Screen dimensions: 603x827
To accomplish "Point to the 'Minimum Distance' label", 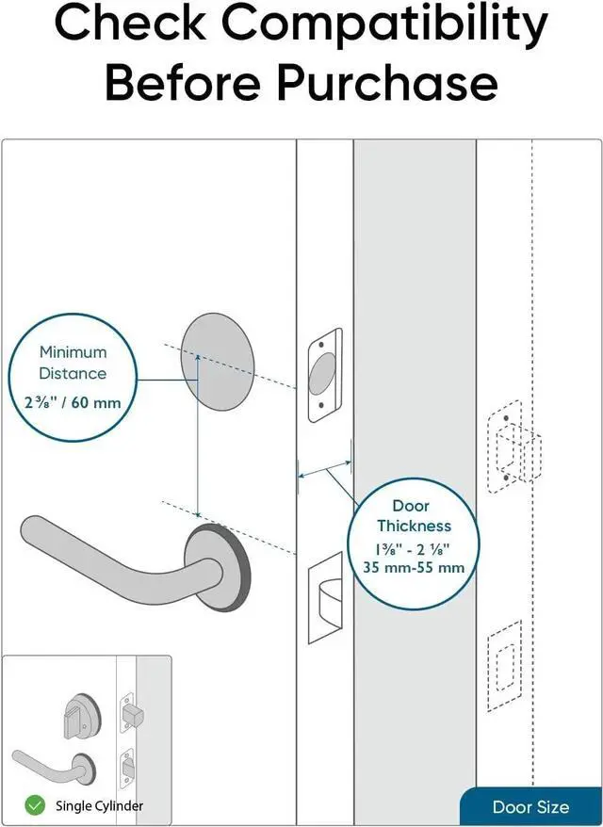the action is (73, 363).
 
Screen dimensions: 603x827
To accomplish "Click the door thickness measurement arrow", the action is (324, 466).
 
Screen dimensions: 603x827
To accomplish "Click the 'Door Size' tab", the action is (530, 807).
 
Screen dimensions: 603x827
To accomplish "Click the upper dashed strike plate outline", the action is (513, 447).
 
